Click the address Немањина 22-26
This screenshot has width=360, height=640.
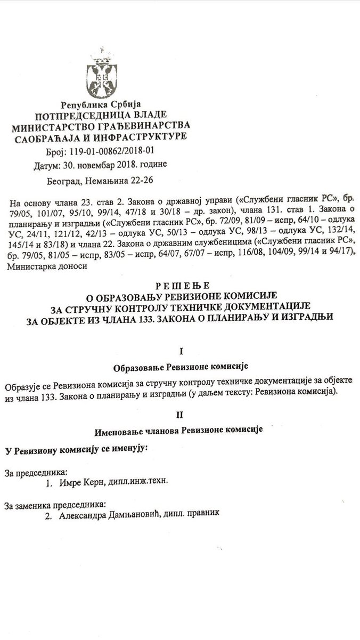127,181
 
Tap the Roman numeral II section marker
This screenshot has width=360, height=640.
181,414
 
